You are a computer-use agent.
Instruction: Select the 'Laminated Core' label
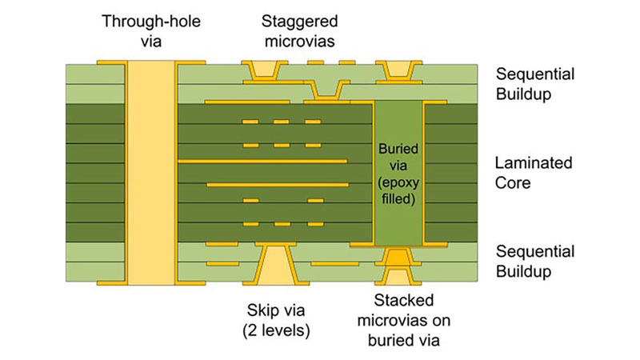click(534, 173)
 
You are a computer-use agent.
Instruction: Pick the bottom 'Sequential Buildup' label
click(535, 262)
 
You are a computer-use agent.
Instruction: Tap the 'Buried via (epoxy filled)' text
click(398, 173)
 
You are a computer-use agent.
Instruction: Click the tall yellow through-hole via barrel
click(150, 172)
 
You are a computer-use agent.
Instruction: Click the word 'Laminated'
click(534, 163)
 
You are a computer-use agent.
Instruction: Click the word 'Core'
click(514, 182)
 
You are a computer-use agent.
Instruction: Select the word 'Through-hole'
click(150, 20)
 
